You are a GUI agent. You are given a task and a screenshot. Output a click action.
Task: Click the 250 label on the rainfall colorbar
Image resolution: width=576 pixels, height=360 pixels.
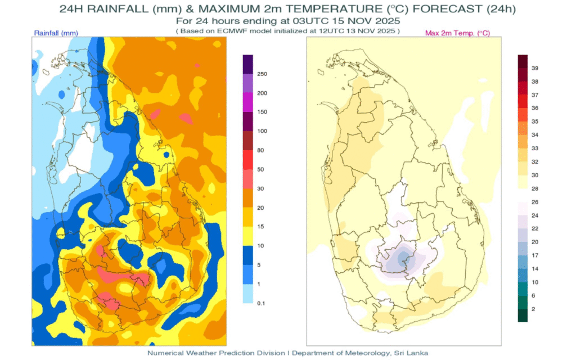[x=262, y=74]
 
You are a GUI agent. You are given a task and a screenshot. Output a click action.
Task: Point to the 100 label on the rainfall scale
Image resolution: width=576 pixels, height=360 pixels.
[x=262, y=131]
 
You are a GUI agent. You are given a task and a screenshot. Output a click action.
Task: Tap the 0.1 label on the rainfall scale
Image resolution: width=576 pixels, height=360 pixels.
[x=261, y=303]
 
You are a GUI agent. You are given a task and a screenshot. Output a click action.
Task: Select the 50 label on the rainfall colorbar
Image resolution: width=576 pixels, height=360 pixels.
[x=260, y=169]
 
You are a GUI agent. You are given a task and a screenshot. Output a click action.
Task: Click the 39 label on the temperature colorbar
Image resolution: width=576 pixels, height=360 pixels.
[x=535, y=67]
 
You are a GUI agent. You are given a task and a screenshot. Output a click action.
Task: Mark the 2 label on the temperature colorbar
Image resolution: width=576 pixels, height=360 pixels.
[x=533, y=309]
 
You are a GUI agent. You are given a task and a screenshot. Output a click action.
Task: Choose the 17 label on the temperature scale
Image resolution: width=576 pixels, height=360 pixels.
[x=535, y=255]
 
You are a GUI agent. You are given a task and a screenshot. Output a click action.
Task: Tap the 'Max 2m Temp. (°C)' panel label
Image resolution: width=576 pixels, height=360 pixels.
[x=457, y=33]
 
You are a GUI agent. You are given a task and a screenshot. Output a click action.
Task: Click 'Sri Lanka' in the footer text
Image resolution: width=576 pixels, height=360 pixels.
[x=412, y=353]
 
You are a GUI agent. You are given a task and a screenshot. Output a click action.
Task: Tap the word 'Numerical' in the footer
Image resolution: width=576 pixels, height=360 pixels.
[x=166, y=353]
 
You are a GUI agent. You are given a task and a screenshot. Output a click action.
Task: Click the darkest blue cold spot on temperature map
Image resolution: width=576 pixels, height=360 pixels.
[x=403, y=258]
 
